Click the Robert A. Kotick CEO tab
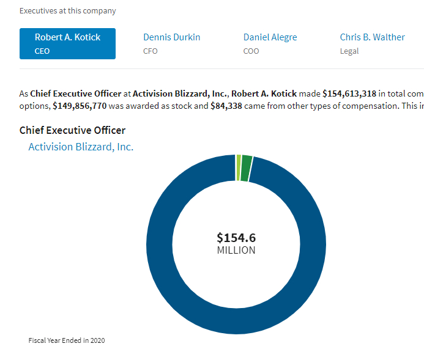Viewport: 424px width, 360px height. click(x=67, y=43)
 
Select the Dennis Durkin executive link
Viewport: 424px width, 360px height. click(x=171, y=37)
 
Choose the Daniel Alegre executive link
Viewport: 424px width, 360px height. click(x=270, y=37)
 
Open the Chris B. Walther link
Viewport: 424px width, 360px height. click(x=372, y=37)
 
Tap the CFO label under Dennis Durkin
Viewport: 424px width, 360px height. click(x=150, y=51)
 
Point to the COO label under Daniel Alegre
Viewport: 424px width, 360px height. click(x=251, y=51)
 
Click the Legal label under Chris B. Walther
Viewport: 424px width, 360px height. click(x=349, y=51)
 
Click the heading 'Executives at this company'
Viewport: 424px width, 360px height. click(x=67, y=11)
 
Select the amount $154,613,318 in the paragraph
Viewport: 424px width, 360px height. click(x=349, y=94)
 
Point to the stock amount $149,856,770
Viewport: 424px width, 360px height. click(x=80, y=106)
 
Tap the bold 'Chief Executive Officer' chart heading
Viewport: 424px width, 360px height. click(x=72, y=130)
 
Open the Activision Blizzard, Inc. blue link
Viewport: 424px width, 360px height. click(x=81, y=147)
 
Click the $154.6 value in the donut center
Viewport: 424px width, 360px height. click(x=236, y=238)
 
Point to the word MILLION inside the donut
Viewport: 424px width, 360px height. click(x=236, y=250)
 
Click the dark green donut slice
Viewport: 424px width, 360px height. click(x=246, y=169)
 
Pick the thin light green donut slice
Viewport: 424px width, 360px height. click(x=239, y=168)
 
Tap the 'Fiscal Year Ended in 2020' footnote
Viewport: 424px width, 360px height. click(x=67, y=340)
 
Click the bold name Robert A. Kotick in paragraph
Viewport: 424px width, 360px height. click(x=264, y=94)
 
